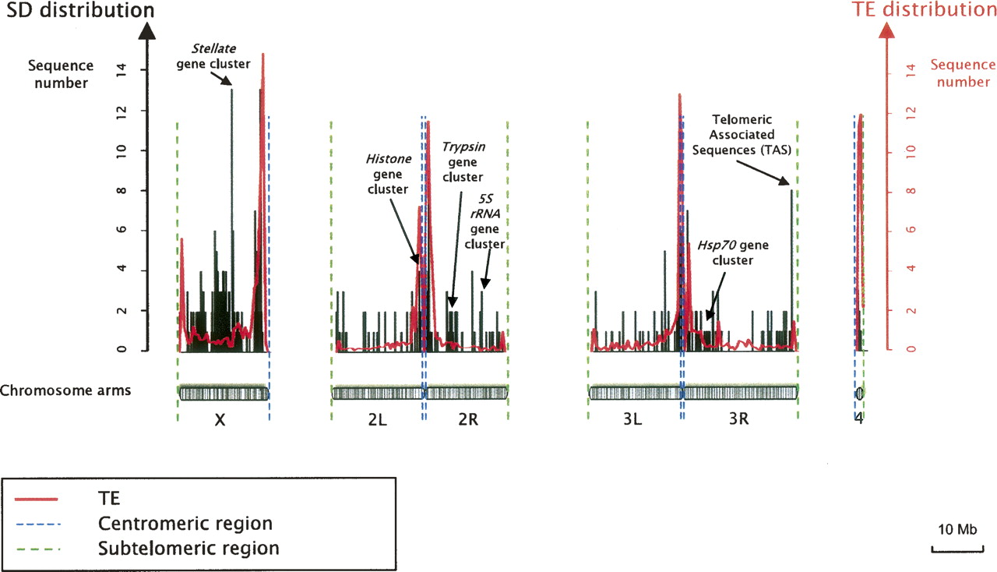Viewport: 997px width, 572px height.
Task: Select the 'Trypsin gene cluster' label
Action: (x=463, y=161)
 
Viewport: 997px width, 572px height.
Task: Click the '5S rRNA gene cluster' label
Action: (x=484, y=221)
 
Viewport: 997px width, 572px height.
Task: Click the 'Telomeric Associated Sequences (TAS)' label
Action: (x=743, y=135)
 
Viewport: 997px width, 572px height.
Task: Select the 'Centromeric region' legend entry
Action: (x=186, y=522)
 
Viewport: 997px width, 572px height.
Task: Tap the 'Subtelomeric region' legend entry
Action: (x=188, y=548)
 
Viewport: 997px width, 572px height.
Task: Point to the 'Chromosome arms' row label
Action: (x=65, y=390)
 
